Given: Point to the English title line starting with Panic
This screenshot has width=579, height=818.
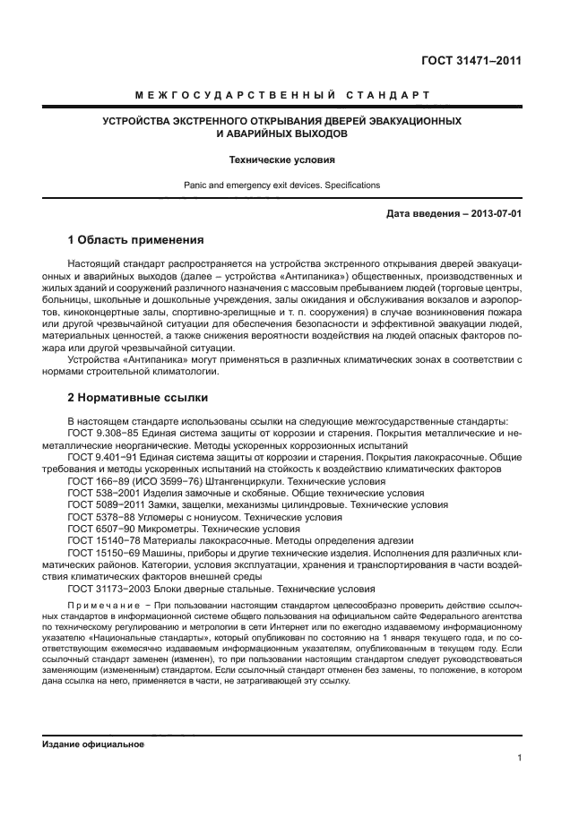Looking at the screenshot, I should (282, 185).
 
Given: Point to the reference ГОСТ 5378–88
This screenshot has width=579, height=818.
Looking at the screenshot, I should (101, 517).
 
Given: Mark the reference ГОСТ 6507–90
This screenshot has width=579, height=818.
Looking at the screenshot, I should (101, 529).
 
